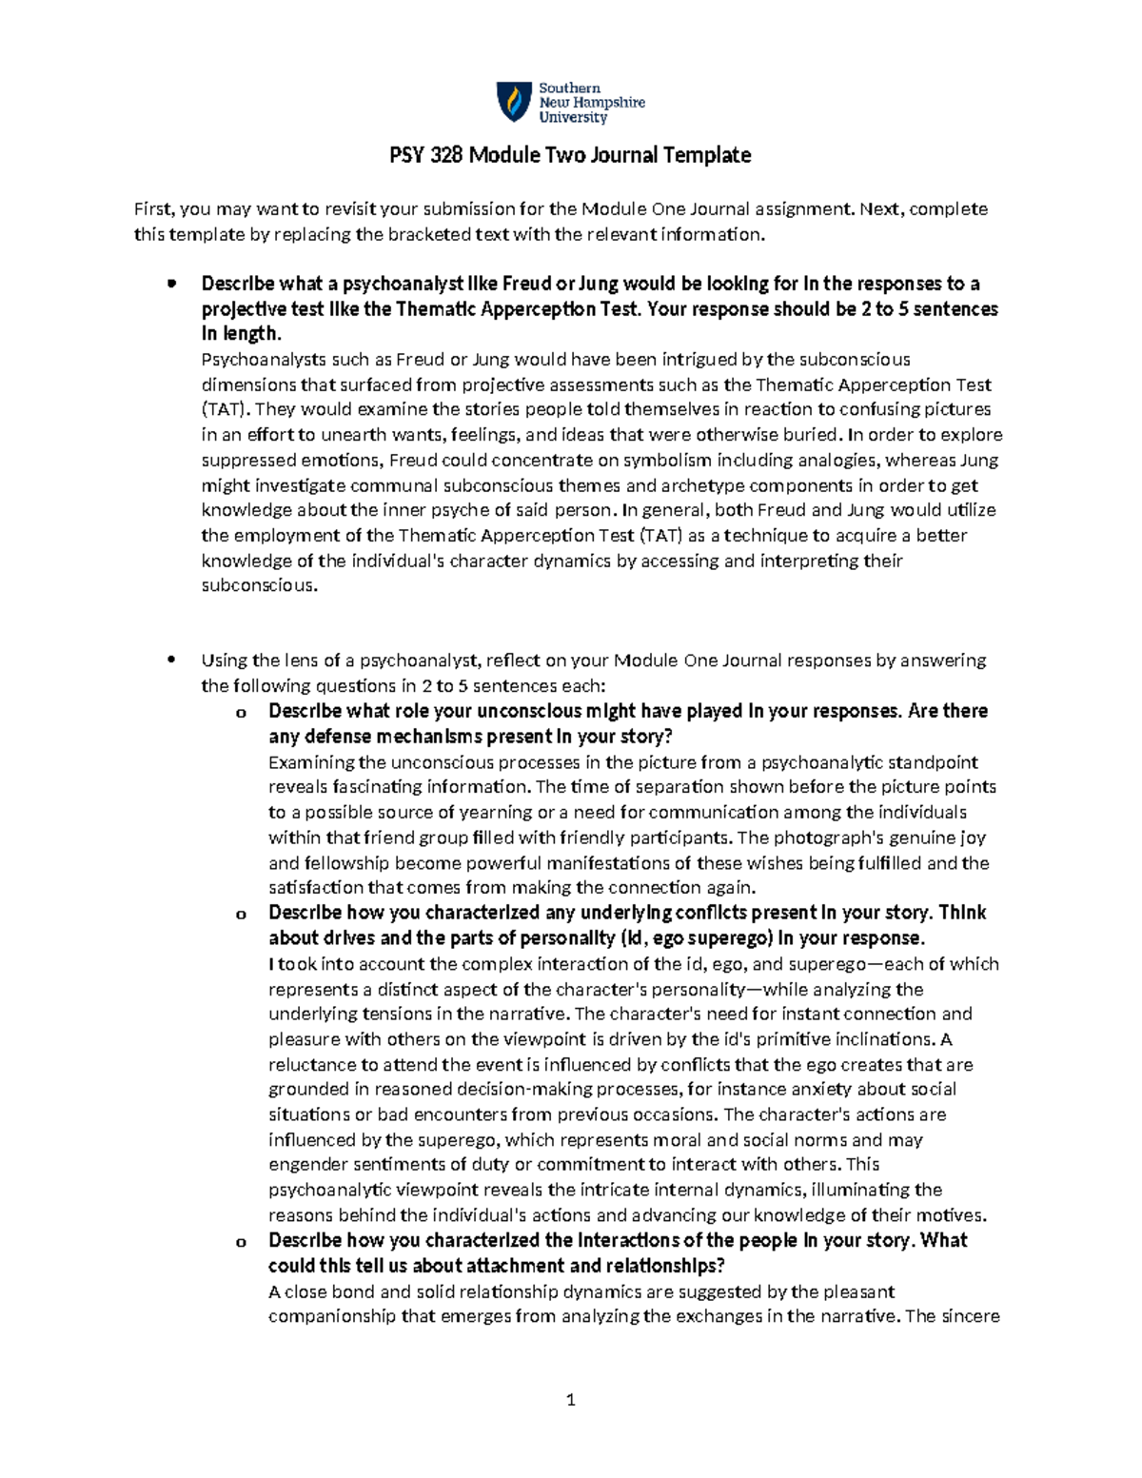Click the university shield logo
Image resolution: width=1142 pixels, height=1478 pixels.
(514, 102)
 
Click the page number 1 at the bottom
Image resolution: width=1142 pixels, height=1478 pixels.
(571, 1400)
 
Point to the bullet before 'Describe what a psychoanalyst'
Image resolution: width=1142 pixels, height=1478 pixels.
(171, 283)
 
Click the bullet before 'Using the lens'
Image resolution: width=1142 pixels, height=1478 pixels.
(171, 660)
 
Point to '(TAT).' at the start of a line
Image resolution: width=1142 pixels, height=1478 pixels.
(226, 410)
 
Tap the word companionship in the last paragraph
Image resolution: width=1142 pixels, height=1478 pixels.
(330, 1317)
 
